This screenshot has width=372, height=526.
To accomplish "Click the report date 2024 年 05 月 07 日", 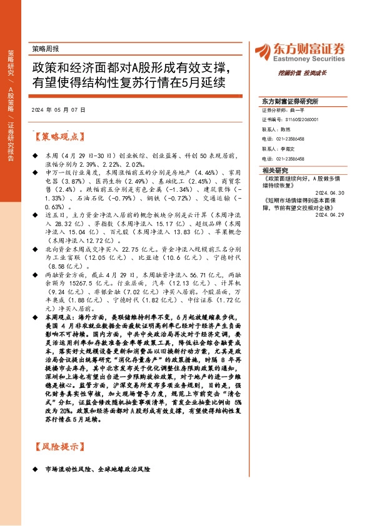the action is point(58,109).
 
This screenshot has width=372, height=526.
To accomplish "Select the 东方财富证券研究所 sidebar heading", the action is point(289,101).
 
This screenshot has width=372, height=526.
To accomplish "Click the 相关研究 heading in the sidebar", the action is point(275,170).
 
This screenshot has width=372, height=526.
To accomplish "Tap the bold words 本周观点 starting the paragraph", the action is point(53,317).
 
